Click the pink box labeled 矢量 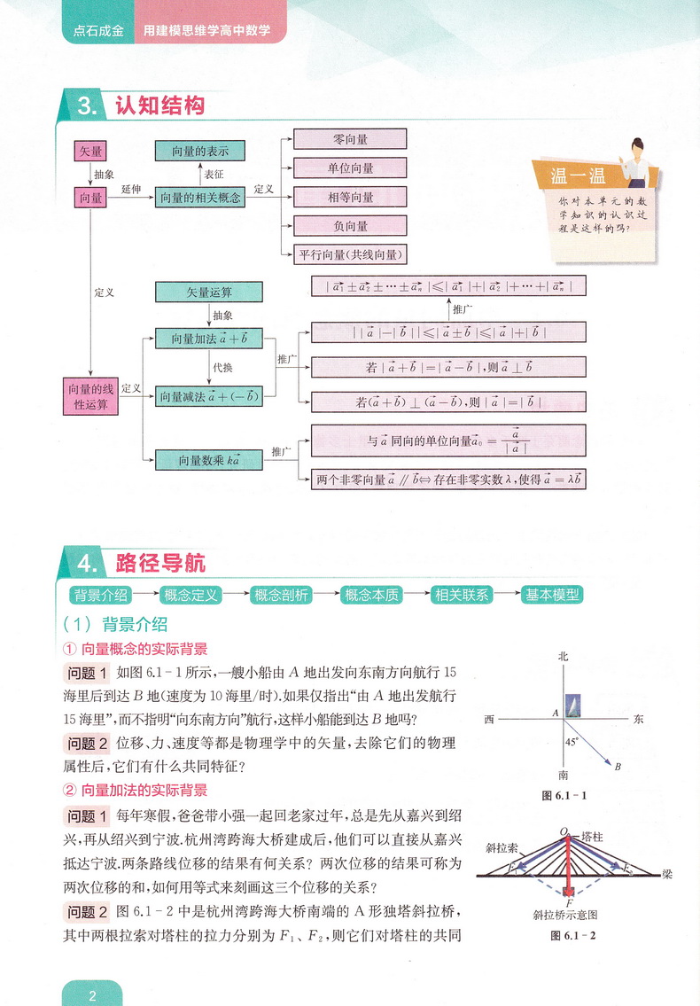(91, 152)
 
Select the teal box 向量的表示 (199, 152)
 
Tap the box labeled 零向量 (350, 139)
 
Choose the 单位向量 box (350, 168)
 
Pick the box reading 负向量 (350, 225)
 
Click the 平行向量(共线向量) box (350, 254)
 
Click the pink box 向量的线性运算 (91, 396)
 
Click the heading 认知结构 (160, 106)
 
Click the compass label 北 (562, 657)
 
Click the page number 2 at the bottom (92, 994)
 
